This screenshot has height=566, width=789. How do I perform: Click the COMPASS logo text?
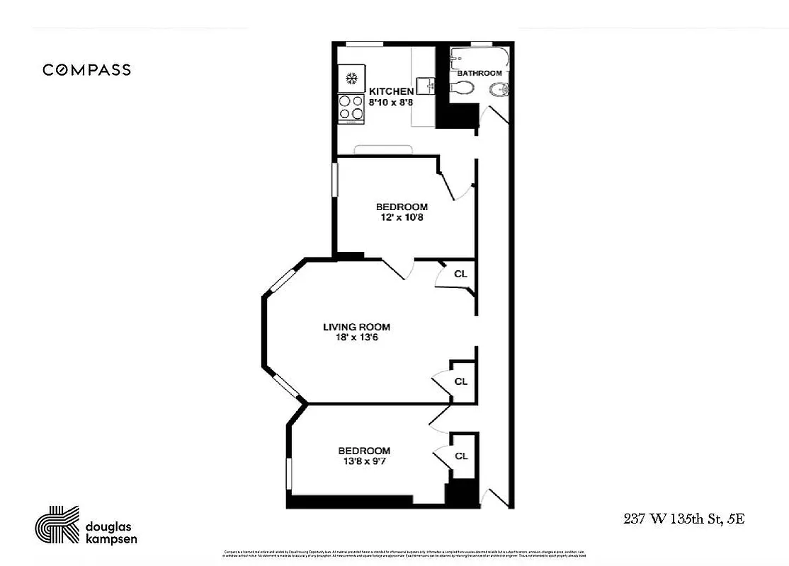[86, 69]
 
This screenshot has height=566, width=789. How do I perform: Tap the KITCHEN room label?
[391, 91]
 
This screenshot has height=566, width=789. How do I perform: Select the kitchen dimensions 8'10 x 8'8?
[391, 102]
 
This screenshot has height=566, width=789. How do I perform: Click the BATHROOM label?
[479, 73]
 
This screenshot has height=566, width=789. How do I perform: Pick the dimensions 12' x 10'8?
[401, 217]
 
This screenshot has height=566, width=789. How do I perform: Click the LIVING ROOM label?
[356, 327]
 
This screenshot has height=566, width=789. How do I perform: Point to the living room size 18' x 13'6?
[356, 337]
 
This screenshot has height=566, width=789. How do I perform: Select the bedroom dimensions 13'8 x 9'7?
[364, 461]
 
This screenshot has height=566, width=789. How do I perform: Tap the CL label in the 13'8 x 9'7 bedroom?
[461, 456]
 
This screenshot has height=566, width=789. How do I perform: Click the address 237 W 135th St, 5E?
[683, 519]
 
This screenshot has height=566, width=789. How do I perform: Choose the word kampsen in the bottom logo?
[110, 538]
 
